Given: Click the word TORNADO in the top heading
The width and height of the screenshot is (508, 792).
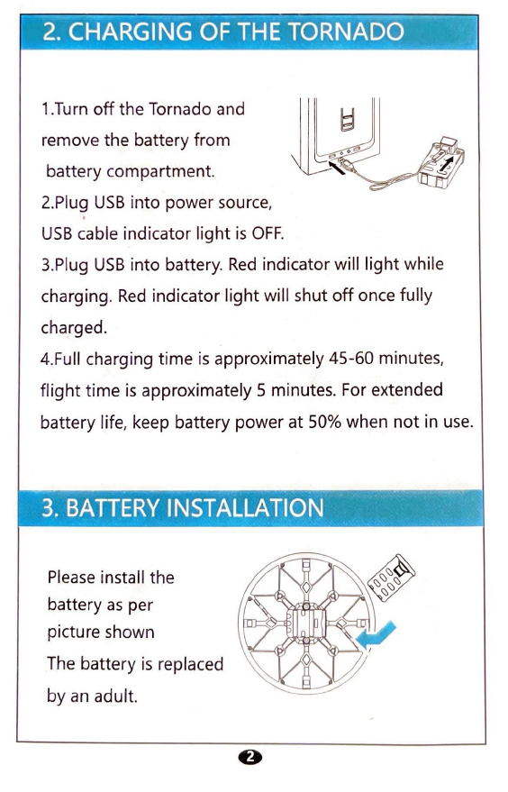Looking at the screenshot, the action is [x=346, y=32].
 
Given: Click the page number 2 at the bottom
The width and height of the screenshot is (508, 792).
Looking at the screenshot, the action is [x=250, y=756].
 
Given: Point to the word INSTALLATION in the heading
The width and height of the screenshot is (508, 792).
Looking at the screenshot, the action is [x=245, y=507].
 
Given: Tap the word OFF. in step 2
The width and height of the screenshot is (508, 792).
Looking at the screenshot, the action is [x=268, y=233].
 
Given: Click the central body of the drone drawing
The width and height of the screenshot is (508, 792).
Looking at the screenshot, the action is [x=306, y=622].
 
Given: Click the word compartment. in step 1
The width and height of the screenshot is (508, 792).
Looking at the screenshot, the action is [x=160, y=172].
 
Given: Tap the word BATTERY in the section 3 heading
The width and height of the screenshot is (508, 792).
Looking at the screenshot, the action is [x=113, y=507].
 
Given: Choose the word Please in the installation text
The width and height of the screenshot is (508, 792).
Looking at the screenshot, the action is [x=71, y=577].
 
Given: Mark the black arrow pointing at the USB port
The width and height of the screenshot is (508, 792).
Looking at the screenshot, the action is [x=337, y=167].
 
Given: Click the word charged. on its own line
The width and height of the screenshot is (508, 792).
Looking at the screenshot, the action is [x=74, y=327].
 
